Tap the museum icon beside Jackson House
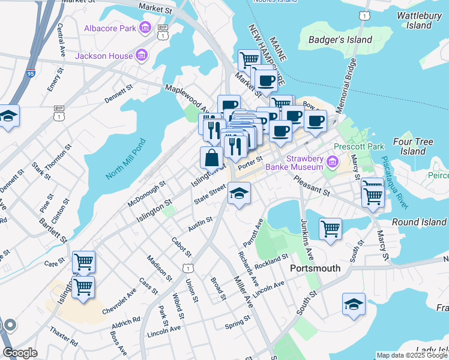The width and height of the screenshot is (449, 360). pyautogui.click(x=142, y=56)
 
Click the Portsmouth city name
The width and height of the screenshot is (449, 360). pyautogui.click(x=315, y=268)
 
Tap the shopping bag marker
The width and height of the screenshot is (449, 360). pyautogui.click(x=211, y=158)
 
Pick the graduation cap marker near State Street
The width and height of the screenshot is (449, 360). pyautogui.click(x=239, y=193)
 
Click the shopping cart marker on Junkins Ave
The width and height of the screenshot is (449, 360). pyautogui.click(x=330, y=228)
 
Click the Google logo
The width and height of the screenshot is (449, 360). pyautogui.click(x=19, y=353)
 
